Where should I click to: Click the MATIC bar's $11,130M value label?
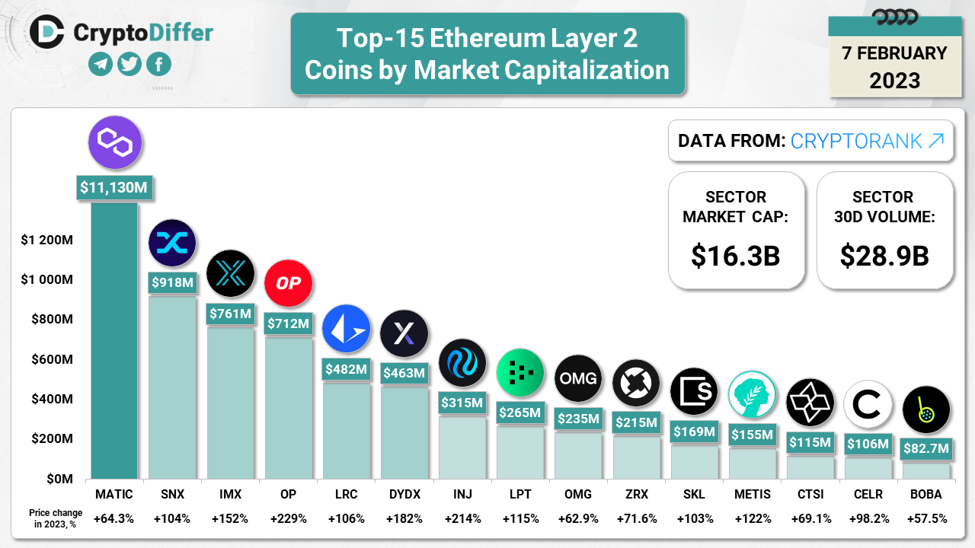pos(114,187)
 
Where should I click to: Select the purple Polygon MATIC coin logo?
pos(115,142)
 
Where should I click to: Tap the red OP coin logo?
pos(288,283)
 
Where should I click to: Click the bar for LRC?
pos(346,429)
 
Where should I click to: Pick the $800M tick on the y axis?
pos(51,320)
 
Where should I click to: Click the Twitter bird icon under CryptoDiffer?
pos(129,65)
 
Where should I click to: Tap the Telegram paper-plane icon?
pos(101,65)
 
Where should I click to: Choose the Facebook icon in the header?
pos(158,65)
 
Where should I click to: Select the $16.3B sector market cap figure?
pos(735,256)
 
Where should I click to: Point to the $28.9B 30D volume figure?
pos(884,256)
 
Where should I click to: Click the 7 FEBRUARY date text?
pos(894,53)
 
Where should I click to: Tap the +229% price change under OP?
pos(288,518)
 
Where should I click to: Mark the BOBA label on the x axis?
pos(925,495)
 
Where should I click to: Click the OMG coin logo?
pos(578,378)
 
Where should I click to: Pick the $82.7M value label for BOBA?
pos(925,449)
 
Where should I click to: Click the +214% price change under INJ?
pos(462,518)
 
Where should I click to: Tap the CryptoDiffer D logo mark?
pos(49,32)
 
